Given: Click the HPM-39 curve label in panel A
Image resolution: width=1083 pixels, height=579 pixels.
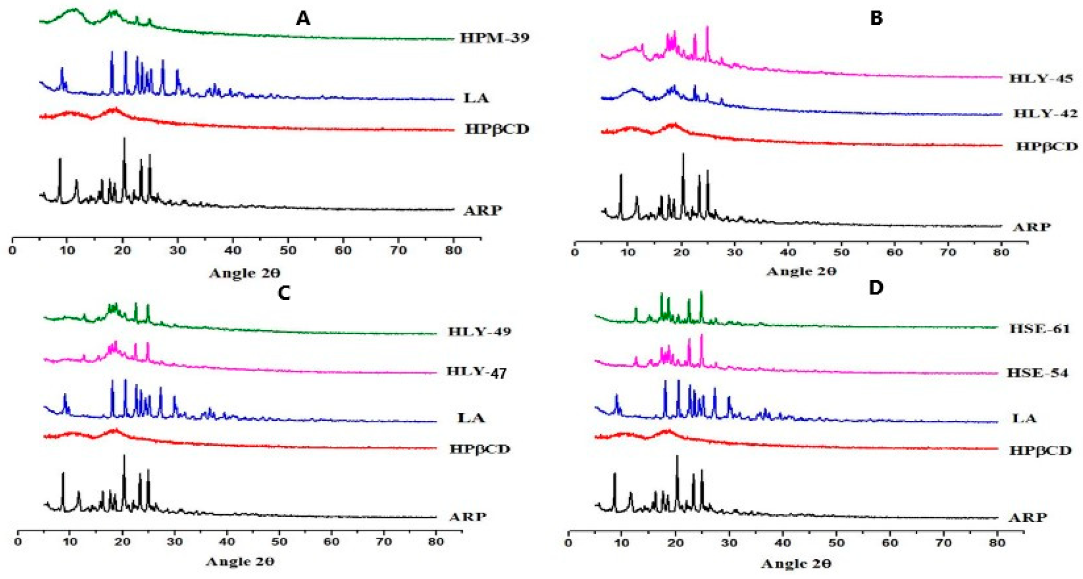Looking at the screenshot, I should coord(494,38).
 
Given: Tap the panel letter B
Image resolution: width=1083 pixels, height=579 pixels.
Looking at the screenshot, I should coord(876,18).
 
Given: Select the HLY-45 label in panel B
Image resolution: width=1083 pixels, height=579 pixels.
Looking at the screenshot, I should coord(1041,79).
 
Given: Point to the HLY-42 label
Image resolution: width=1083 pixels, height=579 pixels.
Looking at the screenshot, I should coord(1045,114).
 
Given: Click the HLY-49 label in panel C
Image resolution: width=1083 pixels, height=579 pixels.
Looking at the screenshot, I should coord(479,332).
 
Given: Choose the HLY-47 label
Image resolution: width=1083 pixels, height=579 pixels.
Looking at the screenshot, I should coord(476,371).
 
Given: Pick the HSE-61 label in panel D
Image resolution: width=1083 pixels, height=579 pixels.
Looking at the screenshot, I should coord(1039,329).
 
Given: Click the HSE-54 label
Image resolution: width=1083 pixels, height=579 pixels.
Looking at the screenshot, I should coord(1037,373).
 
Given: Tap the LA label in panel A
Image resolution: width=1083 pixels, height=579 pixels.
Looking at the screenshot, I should coord(476,98).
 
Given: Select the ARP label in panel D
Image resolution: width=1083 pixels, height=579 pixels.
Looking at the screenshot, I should coord(1027,517).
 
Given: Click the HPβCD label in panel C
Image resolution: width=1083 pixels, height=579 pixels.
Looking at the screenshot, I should coord(479,449).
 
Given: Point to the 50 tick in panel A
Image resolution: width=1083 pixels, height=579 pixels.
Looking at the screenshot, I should coord(288,250).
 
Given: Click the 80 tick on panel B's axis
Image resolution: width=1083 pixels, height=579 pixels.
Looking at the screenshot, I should coord(1001,252).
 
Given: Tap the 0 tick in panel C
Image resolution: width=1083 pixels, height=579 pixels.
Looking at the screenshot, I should coord(18,542).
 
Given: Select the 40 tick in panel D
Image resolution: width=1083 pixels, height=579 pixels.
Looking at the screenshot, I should coord(783,543).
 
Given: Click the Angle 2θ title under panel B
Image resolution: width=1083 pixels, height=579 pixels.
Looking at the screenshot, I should coord(801,271).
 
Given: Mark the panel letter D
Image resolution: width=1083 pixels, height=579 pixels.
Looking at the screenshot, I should coord(875,288).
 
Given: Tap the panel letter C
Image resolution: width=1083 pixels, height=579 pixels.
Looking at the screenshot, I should coord(284,292).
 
